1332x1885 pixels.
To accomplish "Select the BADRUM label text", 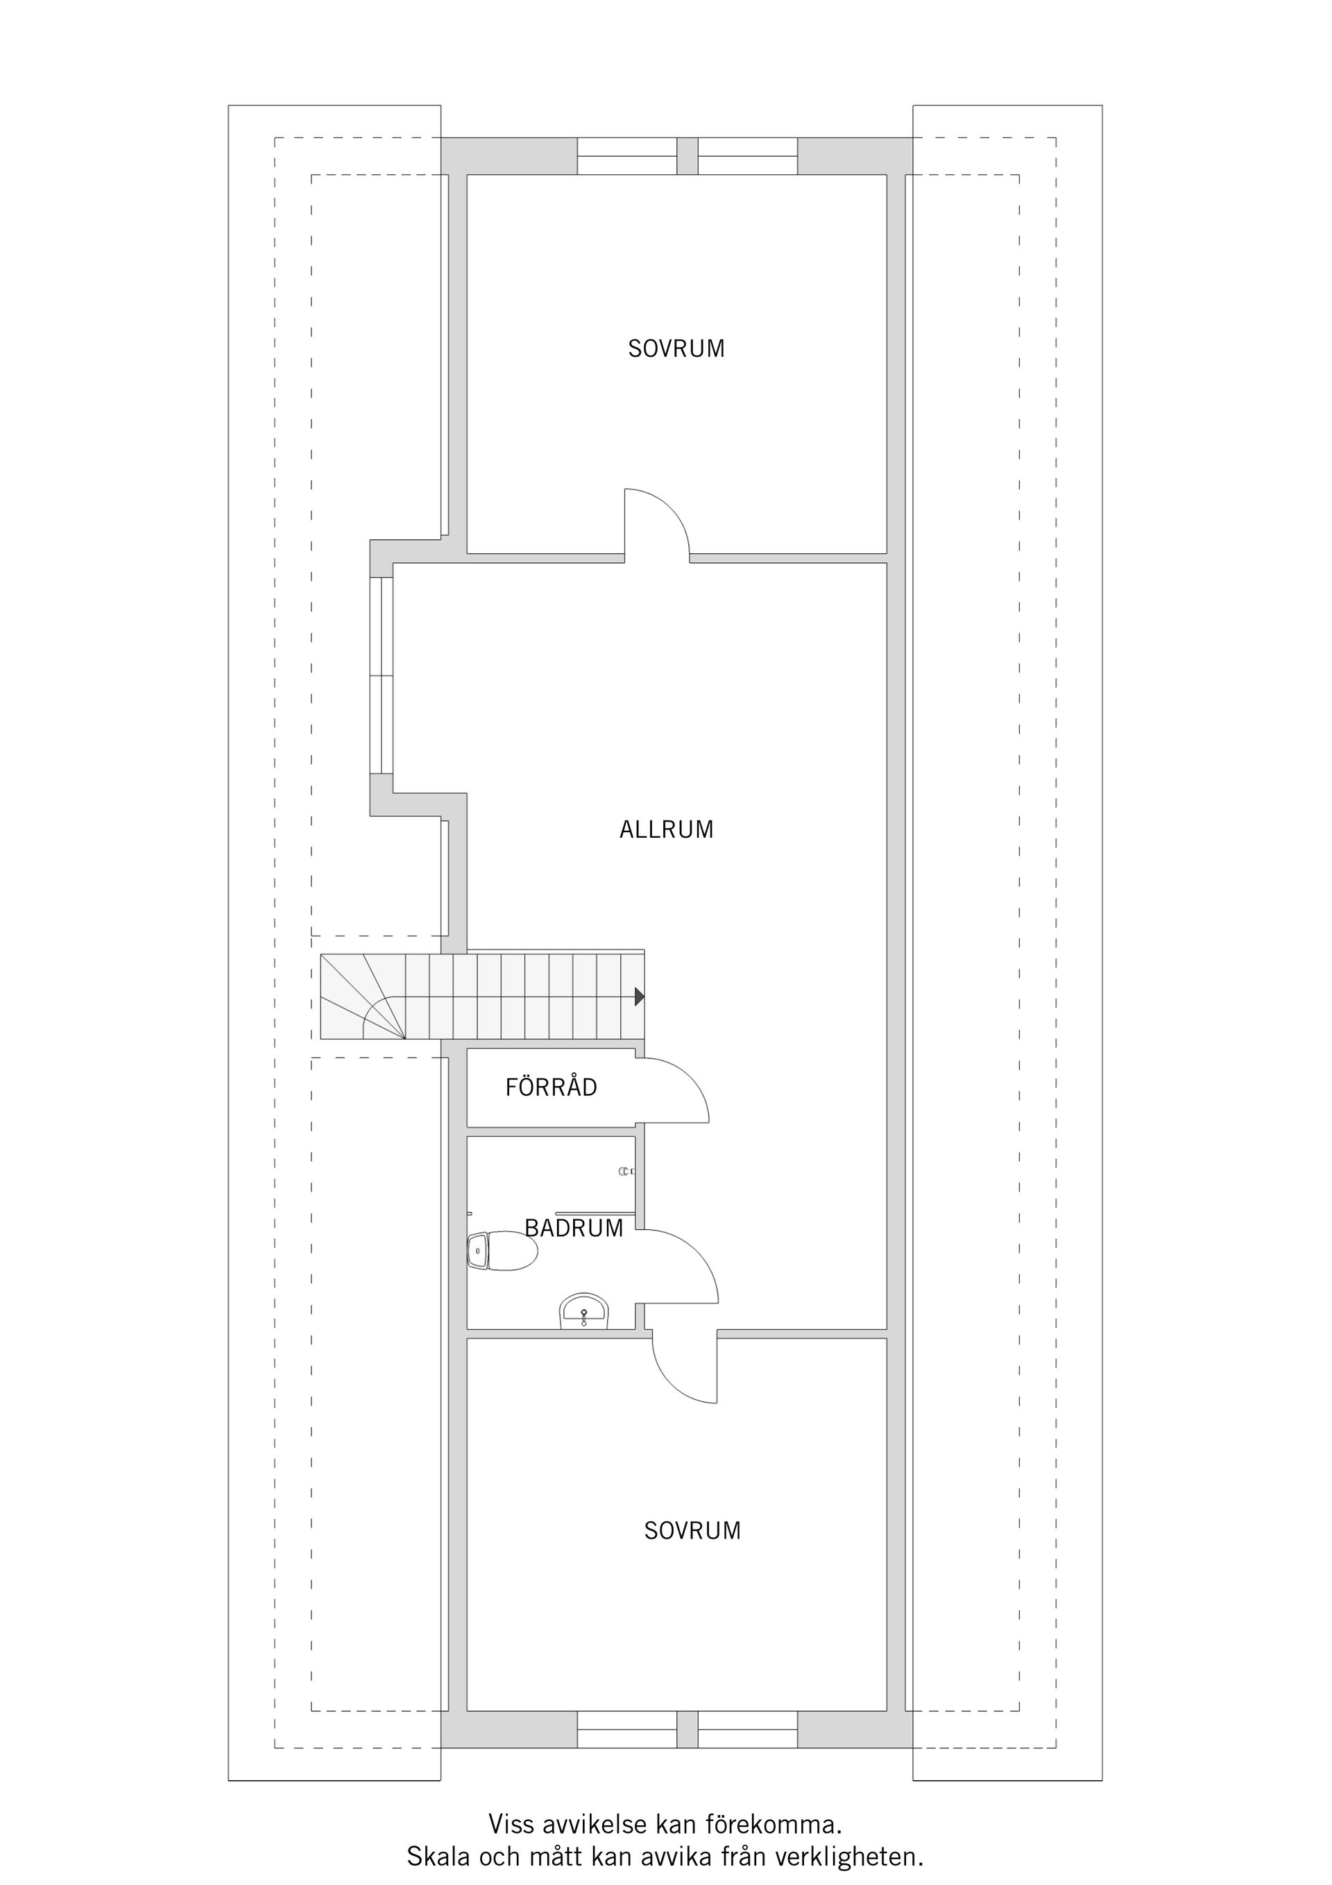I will pos(574,1228).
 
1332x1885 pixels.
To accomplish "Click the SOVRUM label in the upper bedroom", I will pos(676,349).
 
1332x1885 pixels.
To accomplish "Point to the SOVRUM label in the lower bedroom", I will pos(692,1530).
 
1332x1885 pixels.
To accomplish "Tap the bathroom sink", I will pos(583,1311).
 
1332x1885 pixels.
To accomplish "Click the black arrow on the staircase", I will pos(640,997).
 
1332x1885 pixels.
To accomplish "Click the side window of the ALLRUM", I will pos(382,675).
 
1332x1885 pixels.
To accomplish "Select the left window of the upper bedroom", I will pos(626,156).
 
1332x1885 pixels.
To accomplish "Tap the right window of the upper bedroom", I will pos(747,156).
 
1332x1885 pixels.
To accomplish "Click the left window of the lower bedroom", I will pos(626,1738).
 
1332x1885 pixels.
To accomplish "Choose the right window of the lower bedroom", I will pos(747,1738).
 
